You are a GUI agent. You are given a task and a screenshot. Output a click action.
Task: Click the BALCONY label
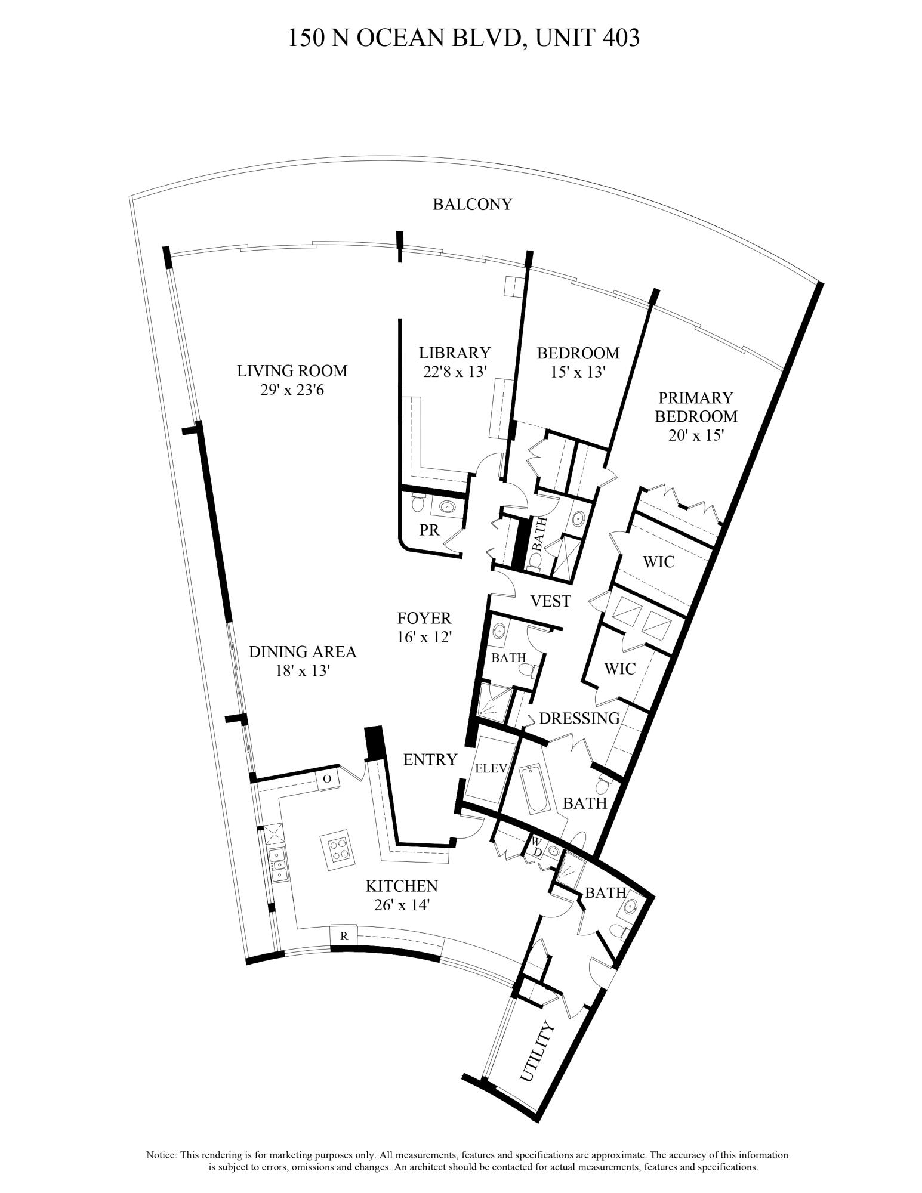pyautogui.click(x=472, y=205)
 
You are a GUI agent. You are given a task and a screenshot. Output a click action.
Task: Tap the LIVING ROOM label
pyautogui.click(x=292, y=371)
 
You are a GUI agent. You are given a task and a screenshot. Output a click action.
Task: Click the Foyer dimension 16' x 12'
pyautogui.click(x=424, y=637)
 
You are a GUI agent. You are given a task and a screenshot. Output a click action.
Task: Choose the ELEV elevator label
pyautogui.click(x=491, y=769)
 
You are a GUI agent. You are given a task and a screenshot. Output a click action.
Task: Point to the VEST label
pyautogui.click(x=550, y=601)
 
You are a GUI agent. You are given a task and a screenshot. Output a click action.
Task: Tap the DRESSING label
pyautogui.click(x=579, y=718)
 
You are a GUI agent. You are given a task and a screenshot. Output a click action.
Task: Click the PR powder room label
pyautogui.click(x=429, y=530)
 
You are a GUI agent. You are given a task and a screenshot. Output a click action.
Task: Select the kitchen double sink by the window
pyautogui.click(x=278, y=866)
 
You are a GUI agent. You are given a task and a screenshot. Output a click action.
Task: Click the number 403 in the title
pyautogui.click(x=621, y=38)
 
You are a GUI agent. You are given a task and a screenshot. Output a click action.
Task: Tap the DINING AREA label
pyautogui.click(x=302, y=651)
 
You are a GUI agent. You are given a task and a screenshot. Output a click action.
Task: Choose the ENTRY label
pyautogui.click(x=430, y=759)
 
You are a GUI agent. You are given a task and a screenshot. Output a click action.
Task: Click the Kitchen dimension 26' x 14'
pyautogui.click(x=402, y=905)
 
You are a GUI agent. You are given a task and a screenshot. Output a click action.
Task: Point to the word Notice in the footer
pyautogui.click(x=161, y=1155)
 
